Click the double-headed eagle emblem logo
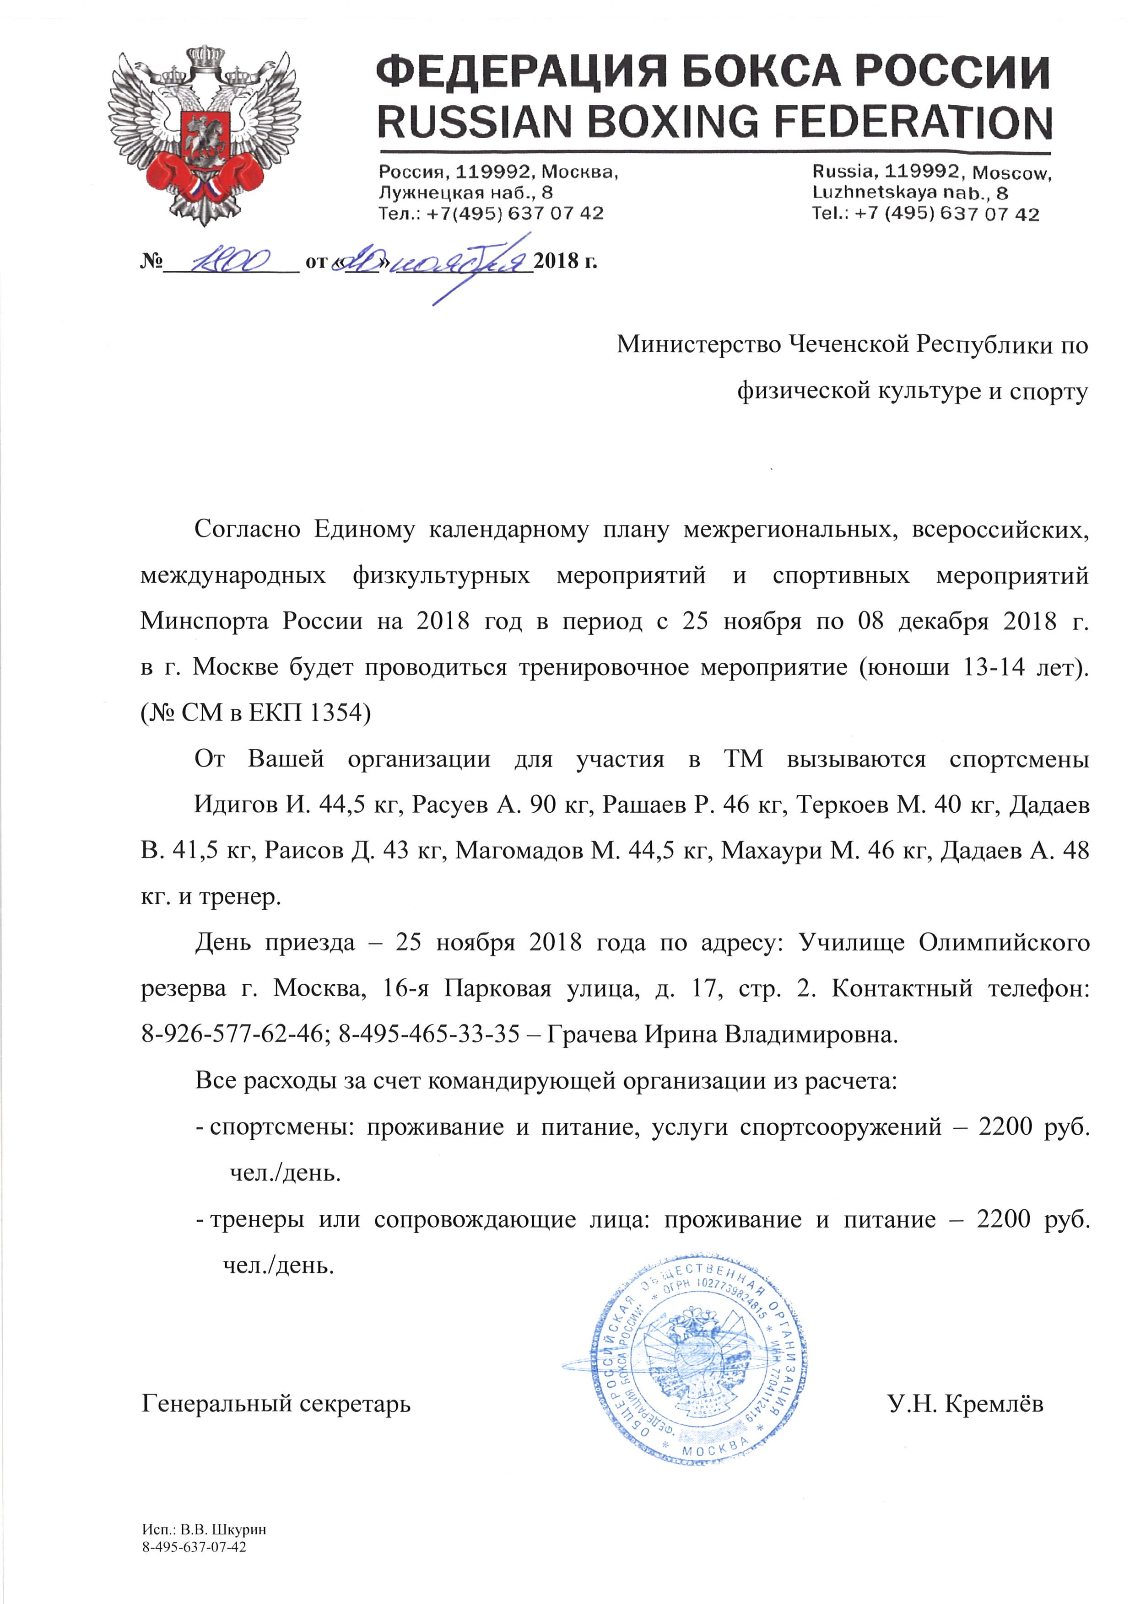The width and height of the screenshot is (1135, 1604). tap(204, 136)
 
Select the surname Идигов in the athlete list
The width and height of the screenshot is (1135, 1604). tap(235, 805)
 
